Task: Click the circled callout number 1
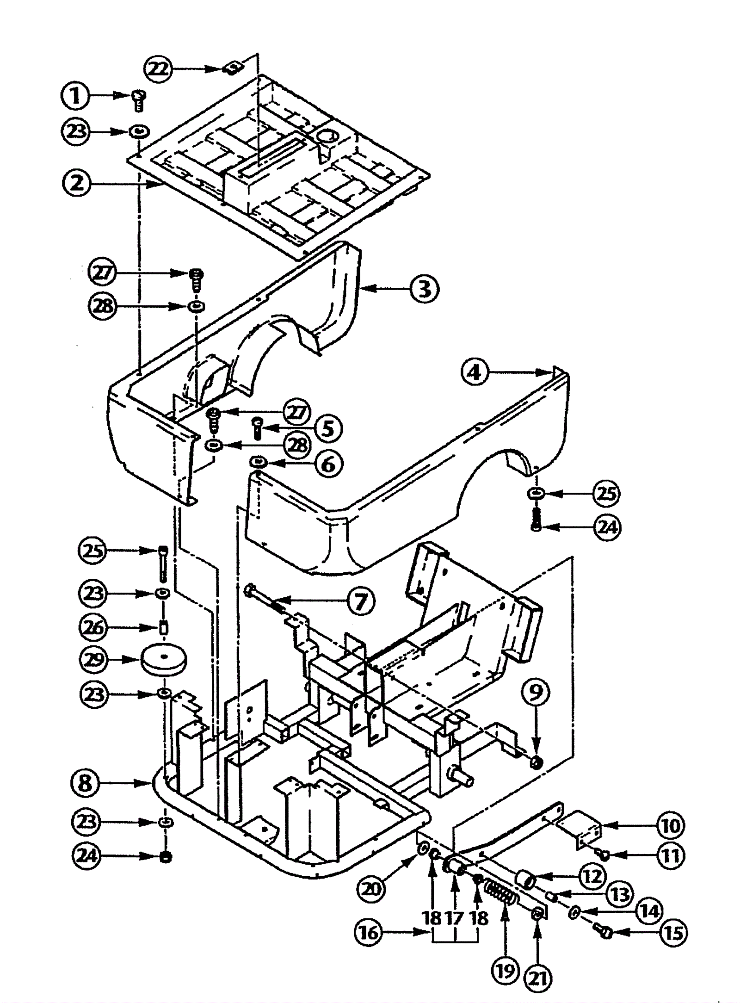(75, 96)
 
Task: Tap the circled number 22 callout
(158, 69)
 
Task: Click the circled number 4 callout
(475, 372)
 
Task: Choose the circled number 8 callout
(86, 784)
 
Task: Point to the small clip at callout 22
(230, 69)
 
